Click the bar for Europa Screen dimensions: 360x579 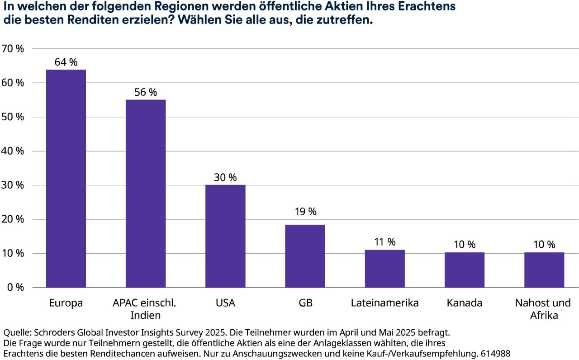pos(66,178)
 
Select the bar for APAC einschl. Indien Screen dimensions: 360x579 pos(146,193)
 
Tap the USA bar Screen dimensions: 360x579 pos(225,236)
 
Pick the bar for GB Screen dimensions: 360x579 pos(305,256)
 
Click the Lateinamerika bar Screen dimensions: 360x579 pos(384,268)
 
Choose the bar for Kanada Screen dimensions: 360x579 pos(464,270)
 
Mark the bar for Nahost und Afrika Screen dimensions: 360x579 pos(544,270)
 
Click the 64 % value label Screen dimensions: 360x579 pos(66,62)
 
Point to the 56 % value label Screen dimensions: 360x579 pos(146,92)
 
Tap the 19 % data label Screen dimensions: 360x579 pos(305,211)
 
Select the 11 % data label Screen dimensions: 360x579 pos(384,242)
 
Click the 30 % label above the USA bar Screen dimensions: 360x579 pos(225,178)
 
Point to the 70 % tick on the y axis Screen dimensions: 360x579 pos(14,49)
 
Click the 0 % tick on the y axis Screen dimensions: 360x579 pos(16,288)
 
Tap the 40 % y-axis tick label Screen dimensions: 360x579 pos(14,151)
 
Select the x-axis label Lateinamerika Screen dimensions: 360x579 pos(384,303)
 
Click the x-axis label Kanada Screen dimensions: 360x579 pos(464,303)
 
